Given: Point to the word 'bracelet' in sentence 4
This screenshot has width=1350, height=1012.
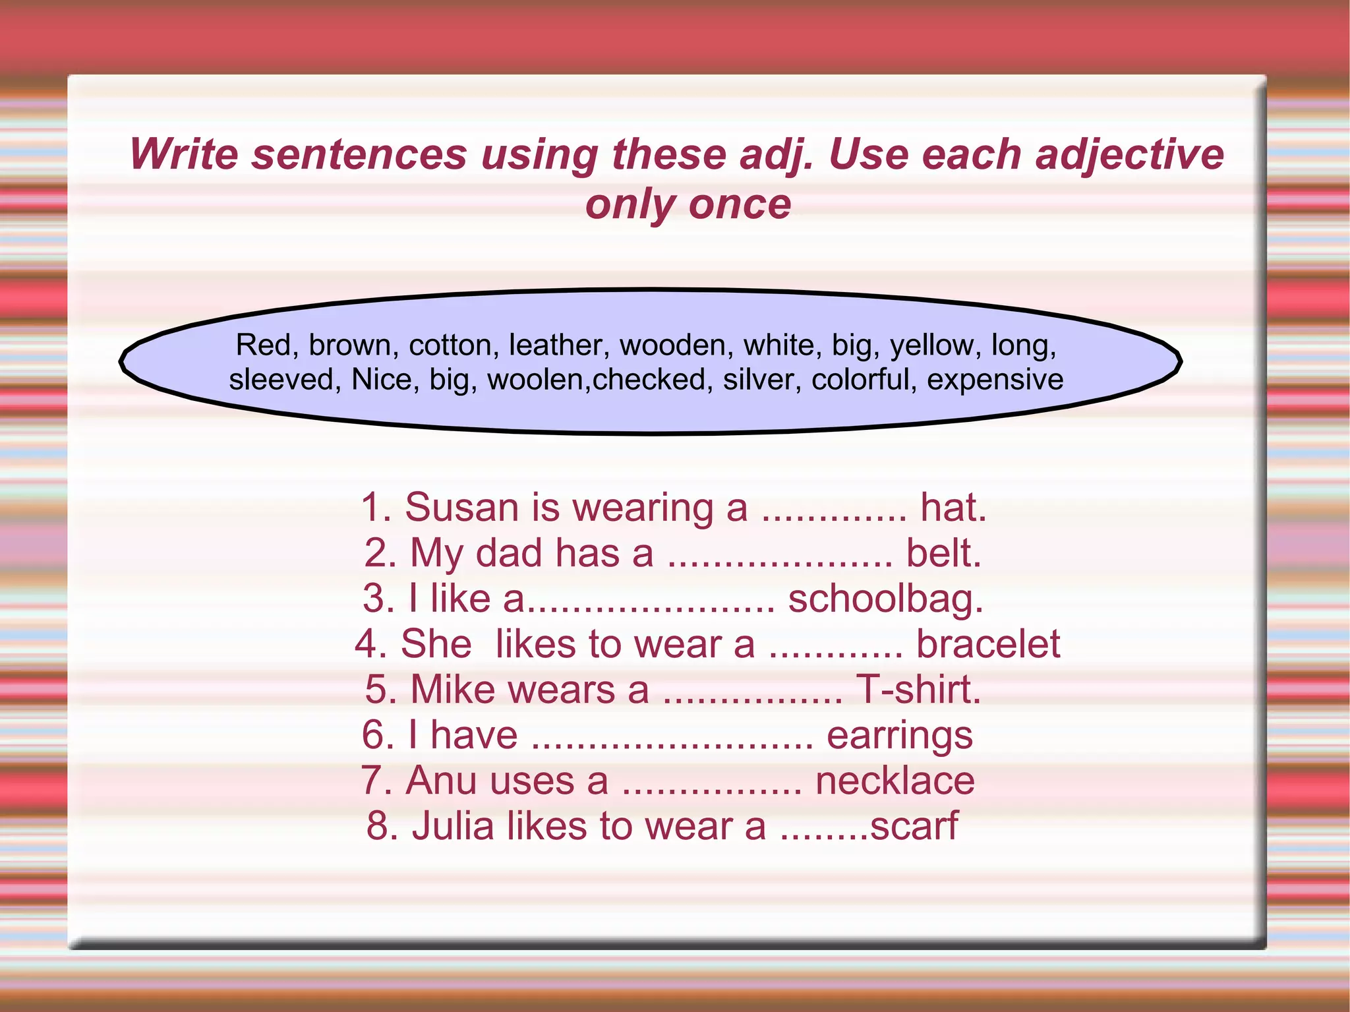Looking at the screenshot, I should coord(987,644).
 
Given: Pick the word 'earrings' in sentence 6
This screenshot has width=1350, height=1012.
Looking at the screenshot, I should coord(899,736).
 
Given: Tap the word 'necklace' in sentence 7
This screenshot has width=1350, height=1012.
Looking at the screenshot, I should coord(895,781).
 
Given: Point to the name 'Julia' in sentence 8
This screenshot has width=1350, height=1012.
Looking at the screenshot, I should coord(452,825).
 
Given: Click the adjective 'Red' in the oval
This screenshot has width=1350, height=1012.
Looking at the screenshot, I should coord(262,345).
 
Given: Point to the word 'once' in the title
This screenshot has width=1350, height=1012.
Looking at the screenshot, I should coord(740,204).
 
